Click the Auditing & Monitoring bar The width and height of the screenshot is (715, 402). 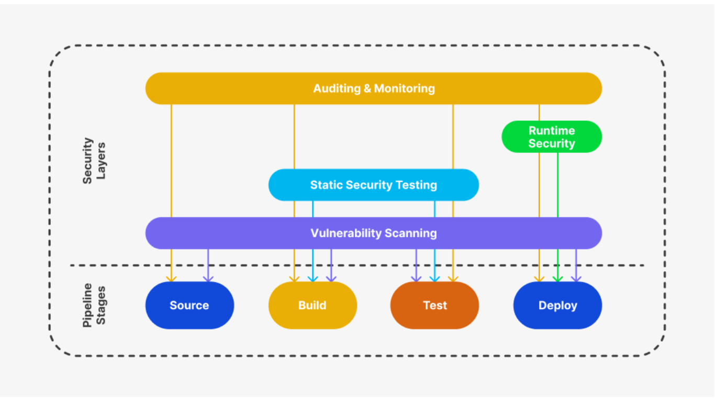coord(373,88)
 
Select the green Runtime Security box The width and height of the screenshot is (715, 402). coord(552,137)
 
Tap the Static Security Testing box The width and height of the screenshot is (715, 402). coord(373,185)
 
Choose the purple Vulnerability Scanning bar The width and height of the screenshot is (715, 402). coord(373,233)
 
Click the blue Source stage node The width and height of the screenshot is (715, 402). coord(189,305)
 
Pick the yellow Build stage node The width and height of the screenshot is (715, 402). coord(312,305)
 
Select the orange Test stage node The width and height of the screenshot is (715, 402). coord(434,305)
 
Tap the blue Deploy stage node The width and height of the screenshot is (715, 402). coord(557,305)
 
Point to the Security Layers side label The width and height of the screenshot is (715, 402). coord(94,161)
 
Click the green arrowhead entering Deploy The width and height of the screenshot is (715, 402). coord(557,278)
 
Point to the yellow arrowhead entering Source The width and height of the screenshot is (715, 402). coord(171,278)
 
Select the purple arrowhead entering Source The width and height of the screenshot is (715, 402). coord(208,278)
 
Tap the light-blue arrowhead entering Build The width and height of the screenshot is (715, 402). coord(312,278)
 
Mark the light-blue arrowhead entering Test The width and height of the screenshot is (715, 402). coord(434,278)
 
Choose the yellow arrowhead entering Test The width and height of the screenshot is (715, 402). coord(453,278)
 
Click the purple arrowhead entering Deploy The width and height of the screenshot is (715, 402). coord(576,278)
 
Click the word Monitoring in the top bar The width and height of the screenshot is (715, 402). coord(404,88)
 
